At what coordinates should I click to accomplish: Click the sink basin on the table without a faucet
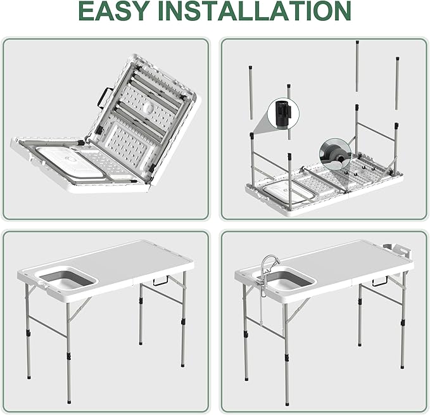pos(66,279)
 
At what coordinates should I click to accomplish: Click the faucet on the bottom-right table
pos(270,263)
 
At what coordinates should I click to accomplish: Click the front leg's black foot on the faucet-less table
pos(68,399)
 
